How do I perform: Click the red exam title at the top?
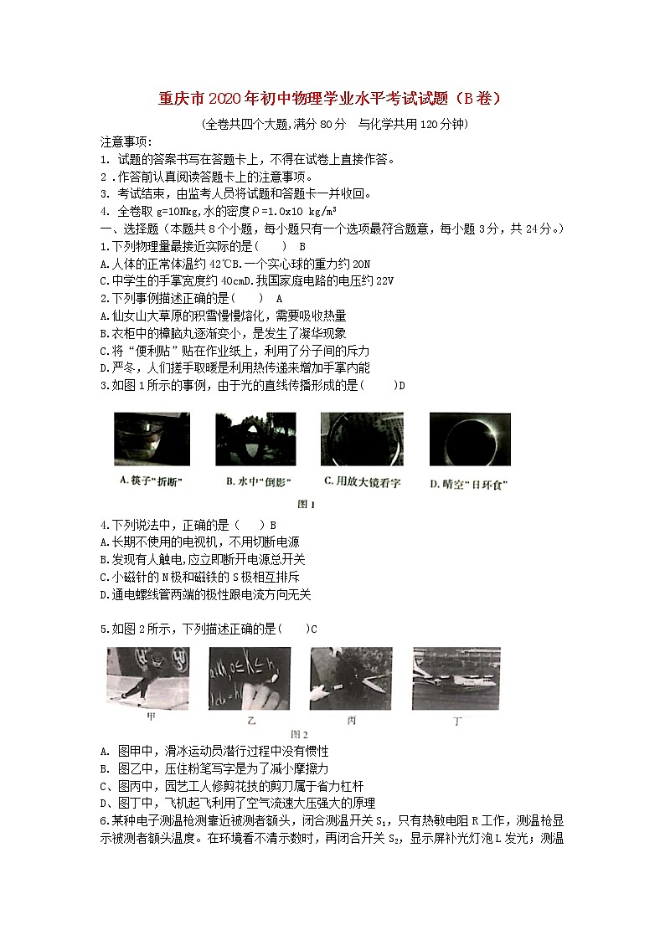331,99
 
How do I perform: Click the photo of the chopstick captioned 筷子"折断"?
152,439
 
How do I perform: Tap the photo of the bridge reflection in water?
255,439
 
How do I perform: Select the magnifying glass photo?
361,439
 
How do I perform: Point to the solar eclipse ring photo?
469,439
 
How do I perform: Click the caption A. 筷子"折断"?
152,481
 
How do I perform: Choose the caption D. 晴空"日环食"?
469,484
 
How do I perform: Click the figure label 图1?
307,504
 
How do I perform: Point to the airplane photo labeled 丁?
456,677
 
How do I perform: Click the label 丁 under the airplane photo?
456,720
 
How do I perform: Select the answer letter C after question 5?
314,629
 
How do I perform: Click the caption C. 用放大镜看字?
362,481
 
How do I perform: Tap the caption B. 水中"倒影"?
255,481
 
